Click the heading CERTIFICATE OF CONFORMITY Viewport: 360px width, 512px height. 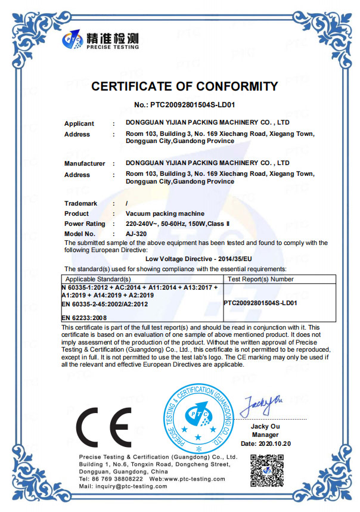(x=184, y=86)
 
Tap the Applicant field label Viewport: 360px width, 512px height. (x=79, y=123)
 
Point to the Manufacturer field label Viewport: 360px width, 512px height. (x=85, y=163)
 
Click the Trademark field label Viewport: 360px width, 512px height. (x=80, y=204)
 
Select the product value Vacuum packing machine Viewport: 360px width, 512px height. (x=165, y=213)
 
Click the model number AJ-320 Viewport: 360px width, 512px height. (x=136, y=234)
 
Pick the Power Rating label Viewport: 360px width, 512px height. (x=85, y=224)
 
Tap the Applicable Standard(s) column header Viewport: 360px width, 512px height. (x=98, y=279)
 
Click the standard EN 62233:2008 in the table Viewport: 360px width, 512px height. (x=84, y=318)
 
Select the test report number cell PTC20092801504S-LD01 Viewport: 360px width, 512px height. (x=260, y=303)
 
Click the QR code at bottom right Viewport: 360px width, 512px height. (x=267, y=471)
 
